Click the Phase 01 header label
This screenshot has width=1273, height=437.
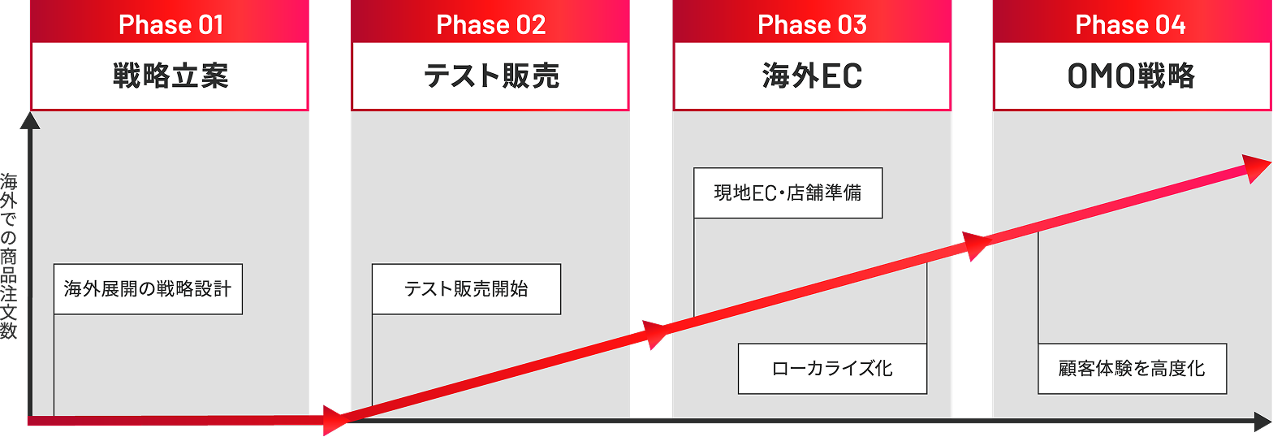[x=170, y=24]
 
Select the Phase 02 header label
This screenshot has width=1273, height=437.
[x=490, y=24]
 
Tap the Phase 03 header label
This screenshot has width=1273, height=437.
[x=812, y=24]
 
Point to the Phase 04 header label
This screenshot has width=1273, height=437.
[x=1130, y=24]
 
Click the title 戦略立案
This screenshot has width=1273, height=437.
[x=170, y=76]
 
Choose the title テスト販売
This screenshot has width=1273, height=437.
[x=490, y=76]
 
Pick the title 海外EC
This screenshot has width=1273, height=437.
[x=812, y=76]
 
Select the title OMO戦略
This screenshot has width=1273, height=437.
[x=1130, y=76]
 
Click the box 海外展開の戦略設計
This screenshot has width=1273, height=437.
[x=148, y=289]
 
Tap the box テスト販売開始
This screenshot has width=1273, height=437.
[x=466, y=289]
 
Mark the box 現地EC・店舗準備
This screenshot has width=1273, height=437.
[x=788, y=193]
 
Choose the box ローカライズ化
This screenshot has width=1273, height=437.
[x=832, y=369]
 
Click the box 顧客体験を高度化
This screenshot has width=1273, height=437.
[x=1132, y=369]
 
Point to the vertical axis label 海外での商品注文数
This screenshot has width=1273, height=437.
[x=9, y=255]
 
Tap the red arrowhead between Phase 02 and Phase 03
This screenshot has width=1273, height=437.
[x=656, y=333]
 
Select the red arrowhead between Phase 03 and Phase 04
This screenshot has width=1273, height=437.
[x=974, y=244]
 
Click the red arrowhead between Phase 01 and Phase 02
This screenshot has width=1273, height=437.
[x=334, y=420]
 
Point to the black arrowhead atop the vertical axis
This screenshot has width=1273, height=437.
[x=29, y=120]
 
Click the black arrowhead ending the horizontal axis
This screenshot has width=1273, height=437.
[x=1262, y=422]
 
